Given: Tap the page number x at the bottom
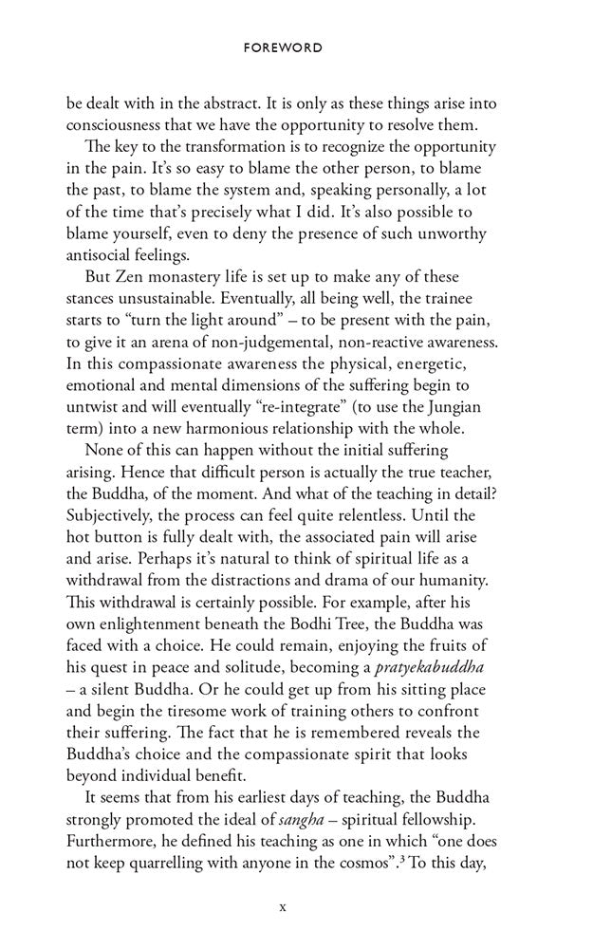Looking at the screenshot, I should pos(283,906).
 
